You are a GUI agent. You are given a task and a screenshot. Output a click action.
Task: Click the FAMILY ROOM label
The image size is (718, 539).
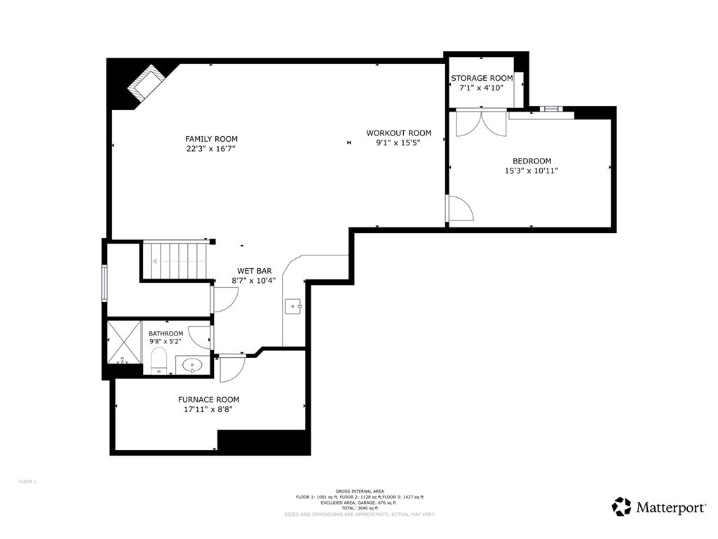(x=211, y=139)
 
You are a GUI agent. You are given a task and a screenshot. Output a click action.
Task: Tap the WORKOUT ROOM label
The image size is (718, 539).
(x=398, y=133)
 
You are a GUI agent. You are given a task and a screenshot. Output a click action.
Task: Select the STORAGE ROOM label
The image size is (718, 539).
(x=482, y=78)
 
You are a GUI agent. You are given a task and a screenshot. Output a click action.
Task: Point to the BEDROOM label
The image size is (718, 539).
(x=531, y=161)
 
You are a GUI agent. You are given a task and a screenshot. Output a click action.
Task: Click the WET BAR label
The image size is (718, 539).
(x=254, y=271)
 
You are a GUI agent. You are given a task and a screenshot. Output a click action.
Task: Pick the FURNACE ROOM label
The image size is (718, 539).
(x=208, y=399)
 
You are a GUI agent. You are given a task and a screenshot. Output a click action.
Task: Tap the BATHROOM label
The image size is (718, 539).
(x=165, y=333)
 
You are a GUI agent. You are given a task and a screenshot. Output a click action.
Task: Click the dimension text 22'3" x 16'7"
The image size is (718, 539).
(x=211, y=149)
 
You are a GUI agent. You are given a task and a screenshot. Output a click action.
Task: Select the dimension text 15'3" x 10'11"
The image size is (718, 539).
(x=531, y=171)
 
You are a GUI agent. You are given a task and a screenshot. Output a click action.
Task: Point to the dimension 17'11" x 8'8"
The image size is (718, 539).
(x=208, y=409)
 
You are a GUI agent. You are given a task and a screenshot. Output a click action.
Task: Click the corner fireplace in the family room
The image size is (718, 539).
(x=145, y=83)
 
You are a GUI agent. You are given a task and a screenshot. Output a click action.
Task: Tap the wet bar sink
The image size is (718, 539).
(x=292, y=306)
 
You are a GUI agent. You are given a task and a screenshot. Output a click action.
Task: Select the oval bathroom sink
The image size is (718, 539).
(x=192, y=365)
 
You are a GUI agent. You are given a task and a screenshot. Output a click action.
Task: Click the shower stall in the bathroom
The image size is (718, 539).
(x=123, y=342)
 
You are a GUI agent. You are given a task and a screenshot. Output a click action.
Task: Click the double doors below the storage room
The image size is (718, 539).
(x=481, y=123)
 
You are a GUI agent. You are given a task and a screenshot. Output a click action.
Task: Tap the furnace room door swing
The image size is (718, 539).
(x=232, y=369)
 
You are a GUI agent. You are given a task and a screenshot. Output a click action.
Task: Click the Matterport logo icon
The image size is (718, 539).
(x=621, y=507)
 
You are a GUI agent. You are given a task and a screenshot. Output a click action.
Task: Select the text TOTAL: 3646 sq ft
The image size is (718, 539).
(x=360, y=508)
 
